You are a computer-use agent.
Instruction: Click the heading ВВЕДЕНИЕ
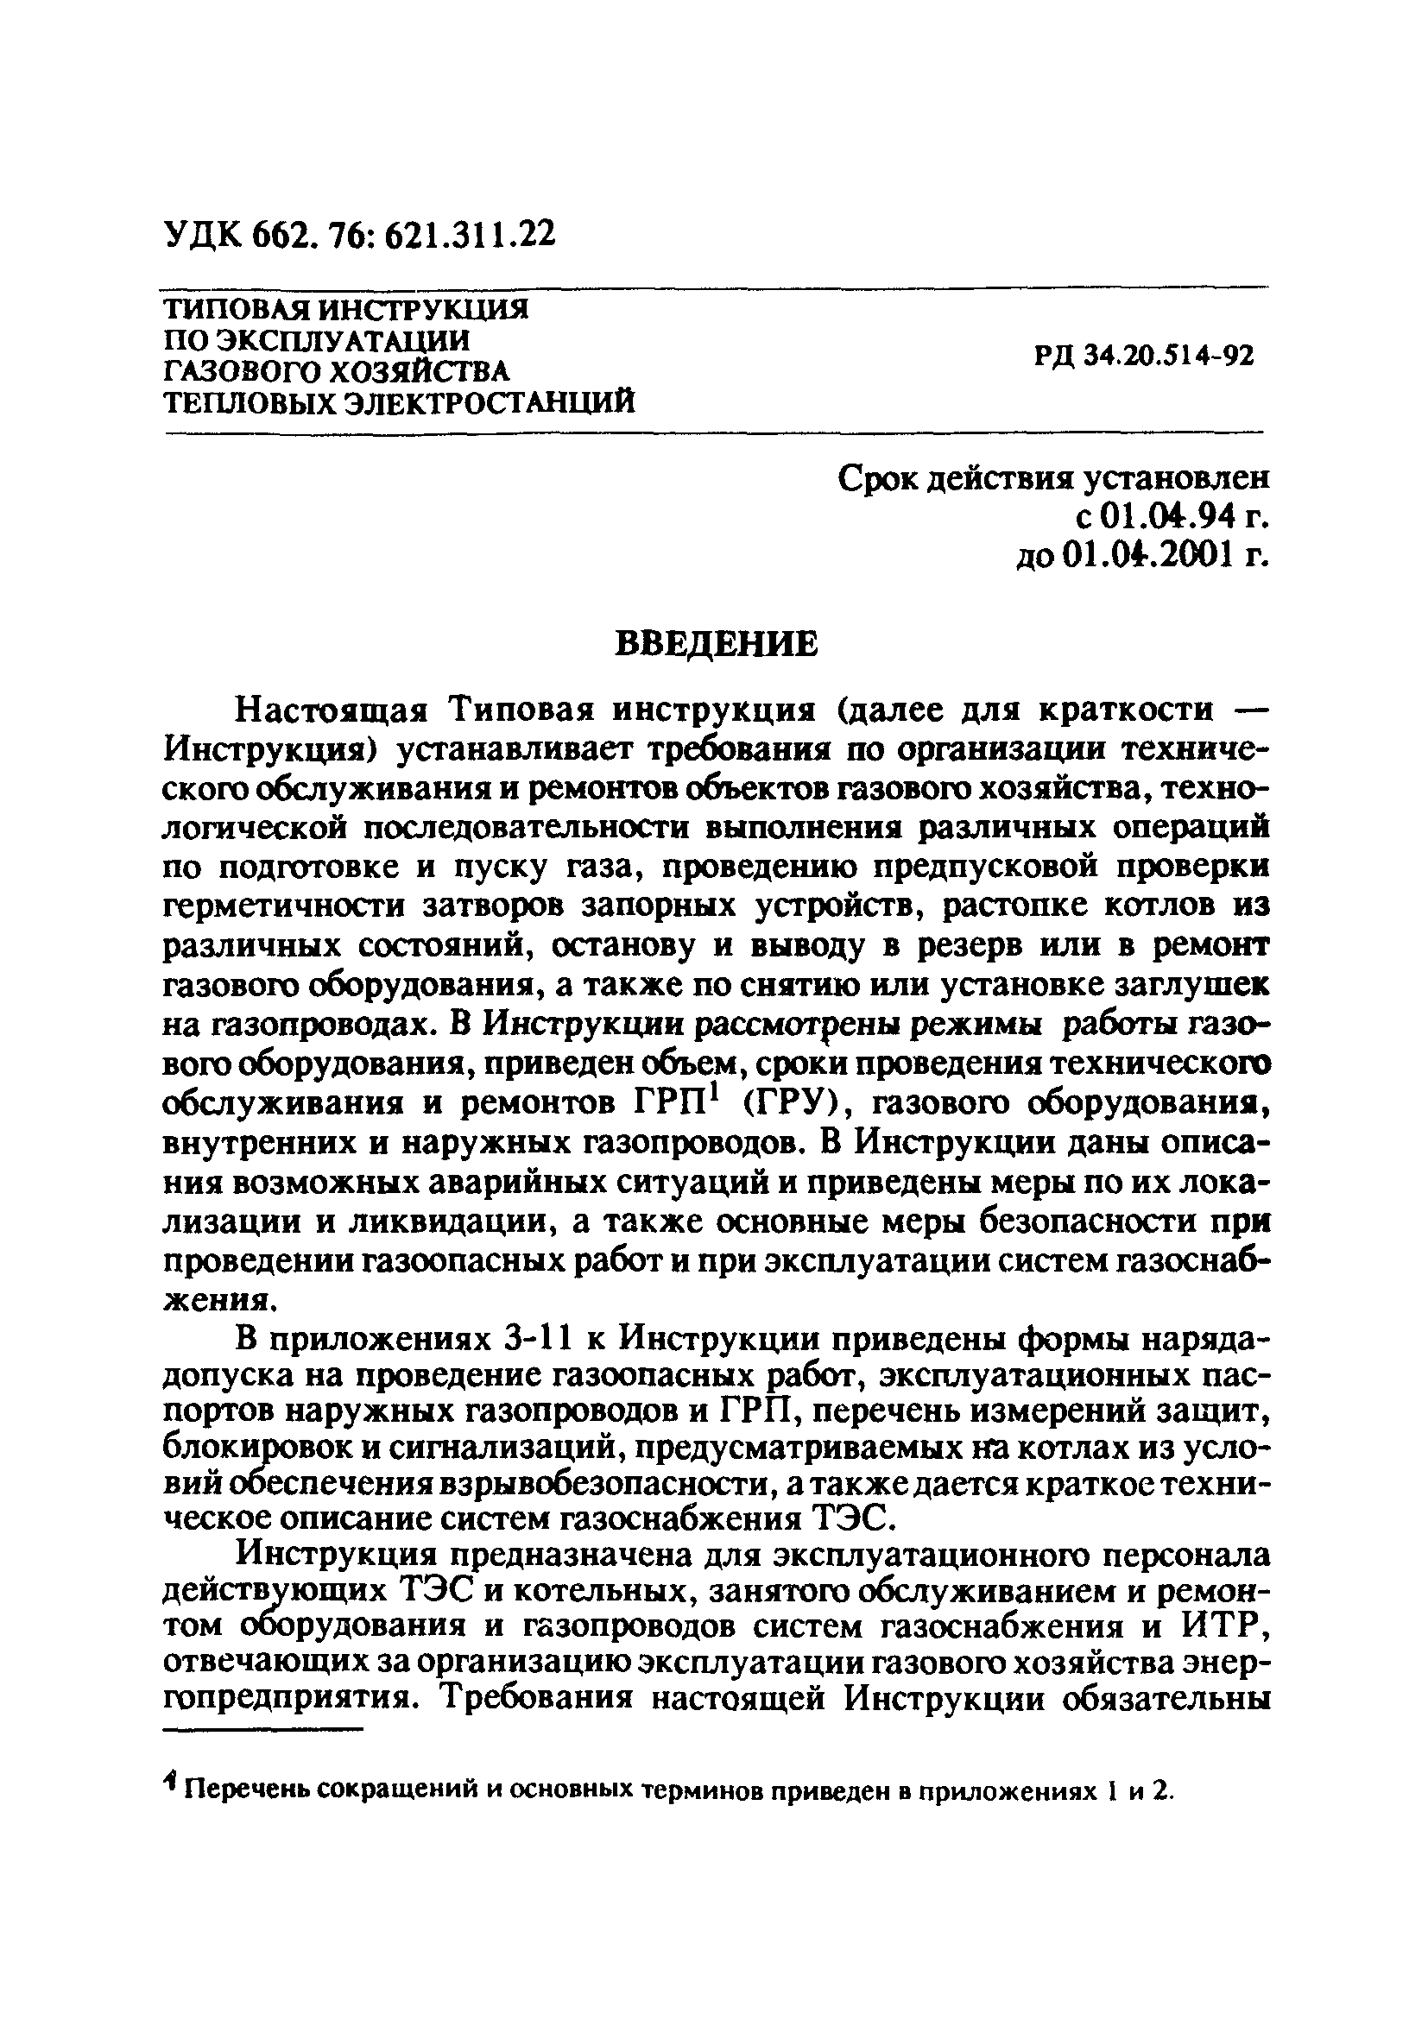(x=717, y=644)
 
